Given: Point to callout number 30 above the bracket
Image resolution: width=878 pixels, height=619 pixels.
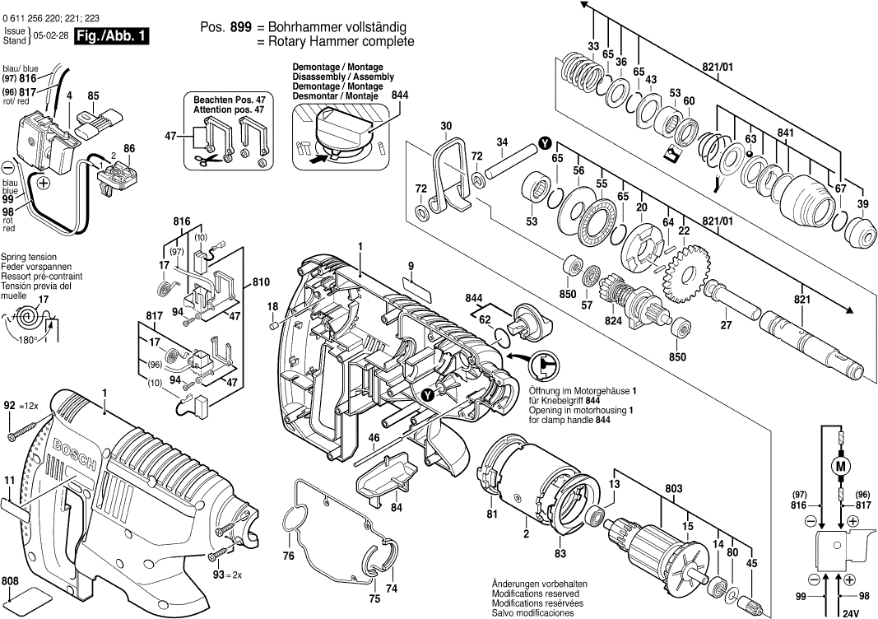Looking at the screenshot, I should pos(446,125).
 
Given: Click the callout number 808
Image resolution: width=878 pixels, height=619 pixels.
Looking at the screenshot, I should pos(11,580).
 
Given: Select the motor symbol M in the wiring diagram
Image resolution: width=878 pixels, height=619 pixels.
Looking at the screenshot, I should pos(841,466).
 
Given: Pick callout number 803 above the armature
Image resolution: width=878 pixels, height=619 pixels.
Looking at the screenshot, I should pos(674,490).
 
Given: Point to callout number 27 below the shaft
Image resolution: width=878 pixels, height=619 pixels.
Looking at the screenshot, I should pos(726,324).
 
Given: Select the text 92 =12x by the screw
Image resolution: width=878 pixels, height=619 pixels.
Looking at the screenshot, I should pos(24,405).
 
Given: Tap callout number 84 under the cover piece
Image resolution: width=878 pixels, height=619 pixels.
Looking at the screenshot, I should pos(397,507).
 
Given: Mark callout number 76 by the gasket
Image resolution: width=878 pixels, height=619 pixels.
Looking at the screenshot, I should pos(289,557).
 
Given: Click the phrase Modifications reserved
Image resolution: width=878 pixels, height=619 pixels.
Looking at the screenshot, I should pos(535,593).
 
